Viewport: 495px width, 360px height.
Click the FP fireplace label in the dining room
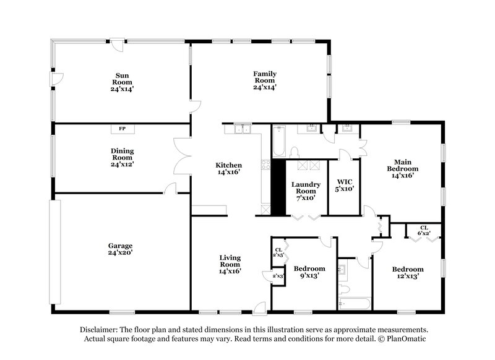[x=122, y=129]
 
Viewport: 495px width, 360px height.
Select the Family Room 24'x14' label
[x=264, y=80]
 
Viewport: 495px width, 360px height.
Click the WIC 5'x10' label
[x=345, y=186]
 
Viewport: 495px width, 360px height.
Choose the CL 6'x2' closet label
[x=424, y=231]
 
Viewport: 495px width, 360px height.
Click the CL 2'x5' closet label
[x=278, y=252]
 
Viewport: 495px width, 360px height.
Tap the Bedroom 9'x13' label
[x=309, y=272]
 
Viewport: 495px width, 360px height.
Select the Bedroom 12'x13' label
[x=408, y=273]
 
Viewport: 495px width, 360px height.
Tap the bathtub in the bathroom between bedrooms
[x=355, y=304]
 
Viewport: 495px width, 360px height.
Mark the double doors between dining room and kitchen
[x=184, y=157]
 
